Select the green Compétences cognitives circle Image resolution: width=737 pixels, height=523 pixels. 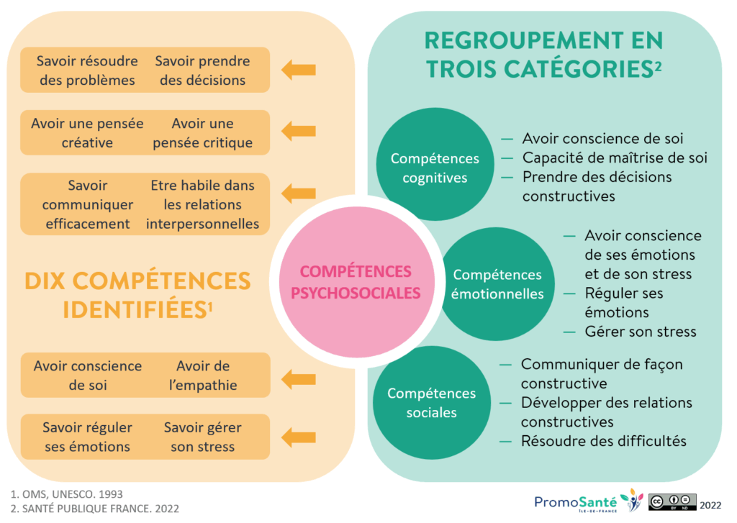pyautogui.click(x=434, y=168)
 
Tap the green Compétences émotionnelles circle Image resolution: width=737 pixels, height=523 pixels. pyautogui.click(x=497, y=283)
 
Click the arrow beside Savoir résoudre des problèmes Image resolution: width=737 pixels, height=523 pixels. pyautogui.click(x=298, y=70)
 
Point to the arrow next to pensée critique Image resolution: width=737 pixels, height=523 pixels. pyautogui.click(x=298, y=132)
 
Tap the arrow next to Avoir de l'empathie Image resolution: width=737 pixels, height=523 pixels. pyautogui.click(x=298, y=376)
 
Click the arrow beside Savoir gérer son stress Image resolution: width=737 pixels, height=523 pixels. pyautogui.click(x=298, y=437)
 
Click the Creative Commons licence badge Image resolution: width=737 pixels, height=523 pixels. pyautogui.click(x=673, y=501)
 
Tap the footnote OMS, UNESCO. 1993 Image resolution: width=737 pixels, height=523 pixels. pyautogui.click(x=67, y=494)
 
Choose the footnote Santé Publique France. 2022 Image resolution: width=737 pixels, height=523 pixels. pyautogui.click(x=95, y=509)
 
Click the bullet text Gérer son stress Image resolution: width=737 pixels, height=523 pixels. pyautogui.click(x=640, y=332)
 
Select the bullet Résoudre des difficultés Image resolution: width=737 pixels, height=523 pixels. pyautogui.click(x=603, y=440)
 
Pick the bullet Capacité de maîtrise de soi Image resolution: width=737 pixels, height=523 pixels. pyautogui.click(x=615, y=158)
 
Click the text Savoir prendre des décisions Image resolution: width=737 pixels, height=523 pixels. pyautogui.click(x=202, y=71)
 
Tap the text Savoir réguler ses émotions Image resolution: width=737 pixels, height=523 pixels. pyautogui.click(x=87, y=437)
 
